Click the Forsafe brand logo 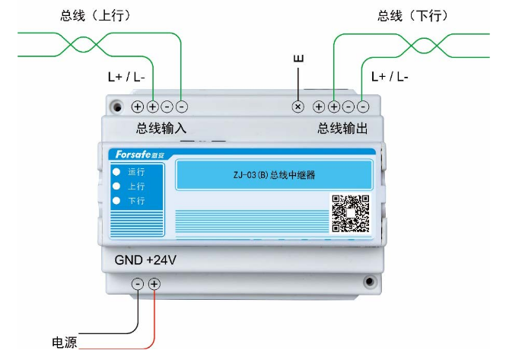pos(134,155)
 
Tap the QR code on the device pos(350,214)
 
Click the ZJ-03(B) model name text pos(274,175)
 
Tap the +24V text pos(161,260)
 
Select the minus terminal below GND pos(138,284)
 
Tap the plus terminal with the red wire pos(154,284)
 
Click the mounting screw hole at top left pos(116,107)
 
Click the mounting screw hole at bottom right pos(371,283)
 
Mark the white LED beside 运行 pos(116,172)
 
